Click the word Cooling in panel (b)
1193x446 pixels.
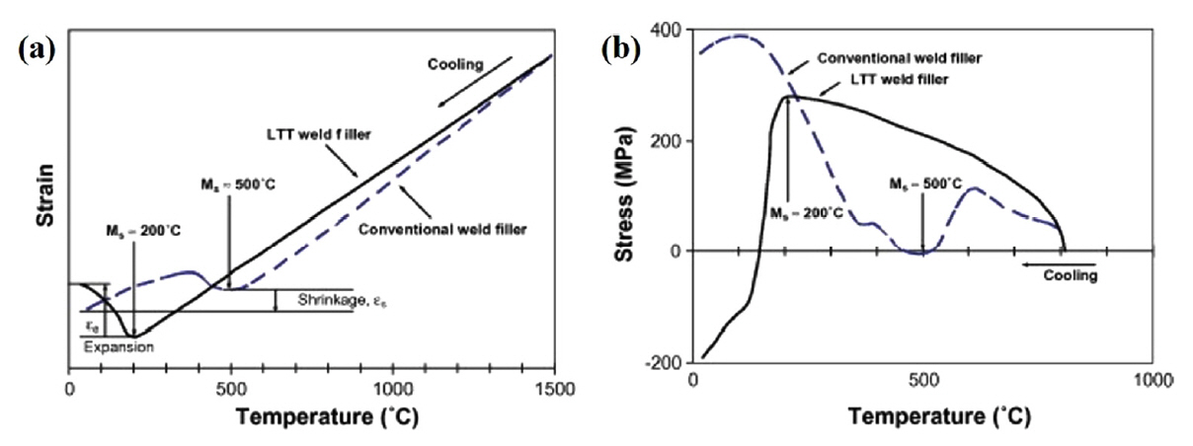coord(1072,276)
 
